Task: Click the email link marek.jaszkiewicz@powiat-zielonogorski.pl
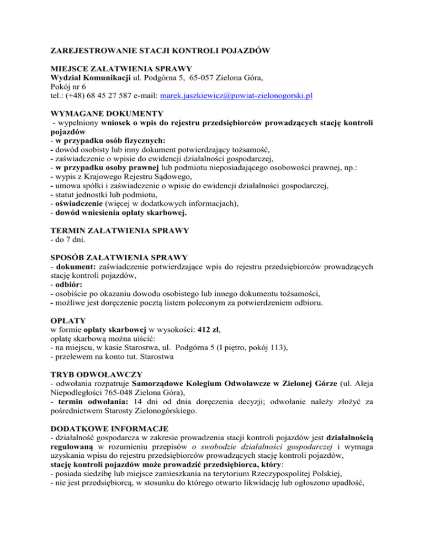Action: pos(236,96)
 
